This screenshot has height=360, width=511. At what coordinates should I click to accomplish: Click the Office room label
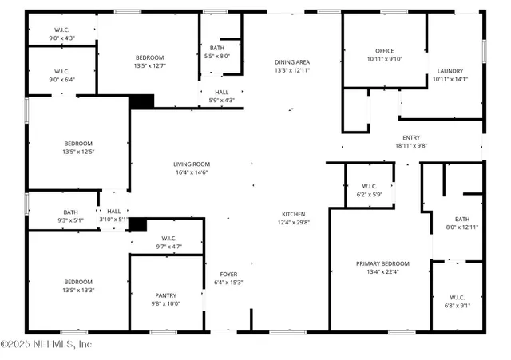tap(385, 51)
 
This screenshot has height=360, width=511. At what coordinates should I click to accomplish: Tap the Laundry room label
tap(450, 71)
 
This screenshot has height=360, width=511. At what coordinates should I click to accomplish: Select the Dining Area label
tap(292, 62)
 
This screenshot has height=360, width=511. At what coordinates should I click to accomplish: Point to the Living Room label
tap(191, 164)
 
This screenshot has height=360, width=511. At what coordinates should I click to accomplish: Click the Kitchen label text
tap(292, 214)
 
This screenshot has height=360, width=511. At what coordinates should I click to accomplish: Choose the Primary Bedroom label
tap(382, 263)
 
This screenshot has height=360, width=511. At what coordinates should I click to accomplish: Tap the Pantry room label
tap(166, 295)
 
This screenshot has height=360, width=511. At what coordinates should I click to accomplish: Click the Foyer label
tap(228, 275)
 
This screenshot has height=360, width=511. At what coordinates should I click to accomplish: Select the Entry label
tap(411, 137)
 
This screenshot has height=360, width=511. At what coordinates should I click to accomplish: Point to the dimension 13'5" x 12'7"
tap(149, 65)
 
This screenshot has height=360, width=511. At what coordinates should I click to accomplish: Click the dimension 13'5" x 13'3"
tap(78, 290)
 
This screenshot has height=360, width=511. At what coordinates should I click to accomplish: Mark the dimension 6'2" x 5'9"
tap(369, 194)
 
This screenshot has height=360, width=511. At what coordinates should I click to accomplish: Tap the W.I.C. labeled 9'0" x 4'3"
tap(62, 38)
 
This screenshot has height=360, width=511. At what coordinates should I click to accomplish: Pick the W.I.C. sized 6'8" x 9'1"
tap(457, 304)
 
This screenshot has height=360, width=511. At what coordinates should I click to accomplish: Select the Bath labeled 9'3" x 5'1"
tap(71, 220)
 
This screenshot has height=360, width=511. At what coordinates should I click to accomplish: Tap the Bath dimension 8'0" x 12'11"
tap(462, 227)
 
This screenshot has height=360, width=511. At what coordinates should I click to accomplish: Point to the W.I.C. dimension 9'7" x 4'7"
tap(169, 246)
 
